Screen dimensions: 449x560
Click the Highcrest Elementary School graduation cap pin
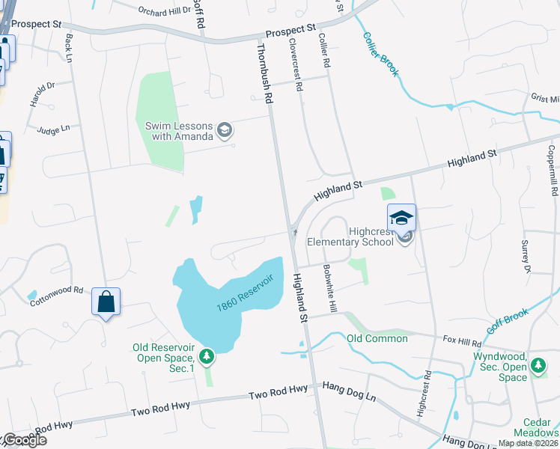401,218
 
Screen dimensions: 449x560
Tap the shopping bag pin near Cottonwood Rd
106,302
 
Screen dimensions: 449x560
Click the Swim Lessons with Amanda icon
223,131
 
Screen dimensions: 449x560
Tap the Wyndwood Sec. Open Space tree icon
538,366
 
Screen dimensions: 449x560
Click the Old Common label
377,338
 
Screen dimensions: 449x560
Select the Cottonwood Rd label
56,295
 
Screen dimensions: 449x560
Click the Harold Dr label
42,94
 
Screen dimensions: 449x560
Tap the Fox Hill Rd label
461,341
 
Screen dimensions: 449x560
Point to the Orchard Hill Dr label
163,11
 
